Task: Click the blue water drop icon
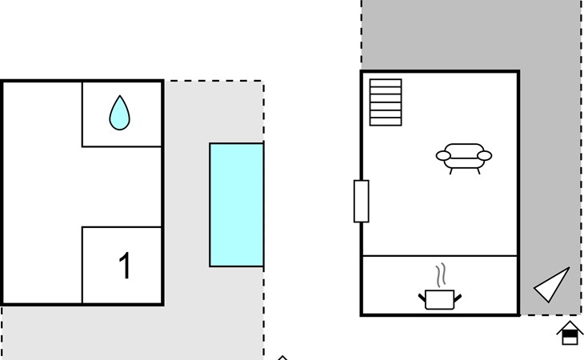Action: (x=119, y=114)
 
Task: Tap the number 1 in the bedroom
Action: (x=125, y=266)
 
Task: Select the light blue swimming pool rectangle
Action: (x=236, y=205)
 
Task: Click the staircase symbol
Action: (x=386, y=102)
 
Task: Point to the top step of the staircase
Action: (x=386, y=82)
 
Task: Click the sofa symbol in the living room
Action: (x=464, y=157)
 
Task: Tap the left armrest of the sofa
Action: (x=443, y=156)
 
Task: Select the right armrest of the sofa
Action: (x=484, y=156)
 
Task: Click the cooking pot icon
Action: (x=439, y=299)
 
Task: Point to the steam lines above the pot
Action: (x=439, y=275)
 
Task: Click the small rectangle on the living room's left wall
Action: (x=361, y=201)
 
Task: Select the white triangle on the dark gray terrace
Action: (x=554, y=285)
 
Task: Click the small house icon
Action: (x=569, y=333)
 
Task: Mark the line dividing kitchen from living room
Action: (x=440, y=256)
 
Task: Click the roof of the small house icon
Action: (x=569, y=326)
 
